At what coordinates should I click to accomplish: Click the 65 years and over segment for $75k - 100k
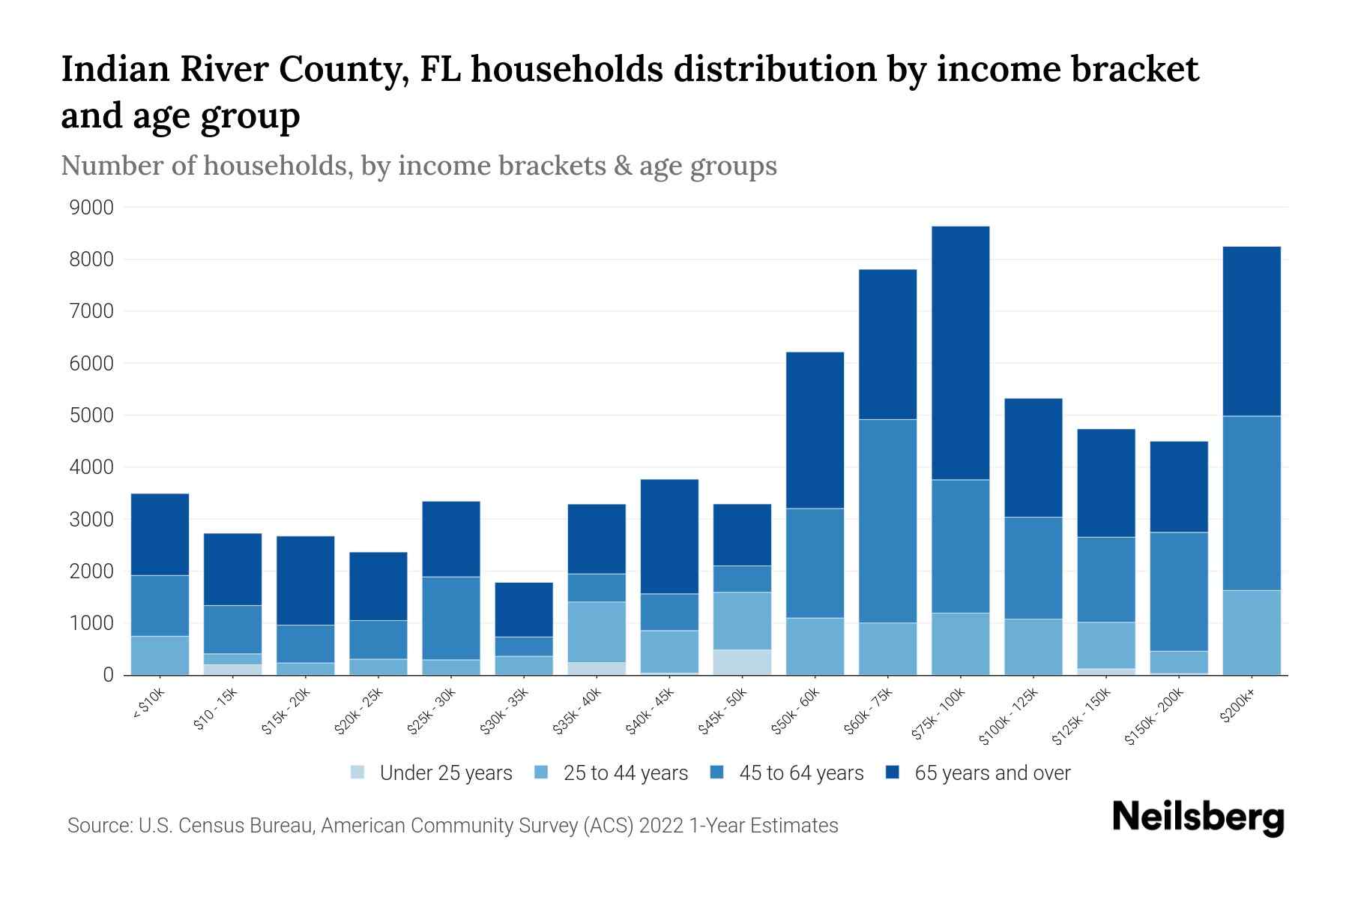coord(960,352)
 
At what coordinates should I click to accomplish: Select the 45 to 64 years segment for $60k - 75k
coord(887,520)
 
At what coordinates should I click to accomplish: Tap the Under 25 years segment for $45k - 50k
coord(742,661)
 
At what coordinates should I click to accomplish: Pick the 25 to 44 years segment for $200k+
coord(1251,632)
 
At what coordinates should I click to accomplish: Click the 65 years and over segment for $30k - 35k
coord(524,609)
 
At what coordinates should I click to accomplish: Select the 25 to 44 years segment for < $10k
coord(160,655)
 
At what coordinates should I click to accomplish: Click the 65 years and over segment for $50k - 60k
coord(815,430)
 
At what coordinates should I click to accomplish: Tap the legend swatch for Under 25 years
coord(358,772)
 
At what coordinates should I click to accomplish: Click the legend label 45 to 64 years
coord(800,773)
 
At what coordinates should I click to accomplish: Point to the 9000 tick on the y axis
coord(91,208)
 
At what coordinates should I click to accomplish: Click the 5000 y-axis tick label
coord(91,415)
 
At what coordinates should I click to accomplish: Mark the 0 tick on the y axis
coord(108,675)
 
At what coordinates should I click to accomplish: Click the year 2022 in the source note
coord(661,826)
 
